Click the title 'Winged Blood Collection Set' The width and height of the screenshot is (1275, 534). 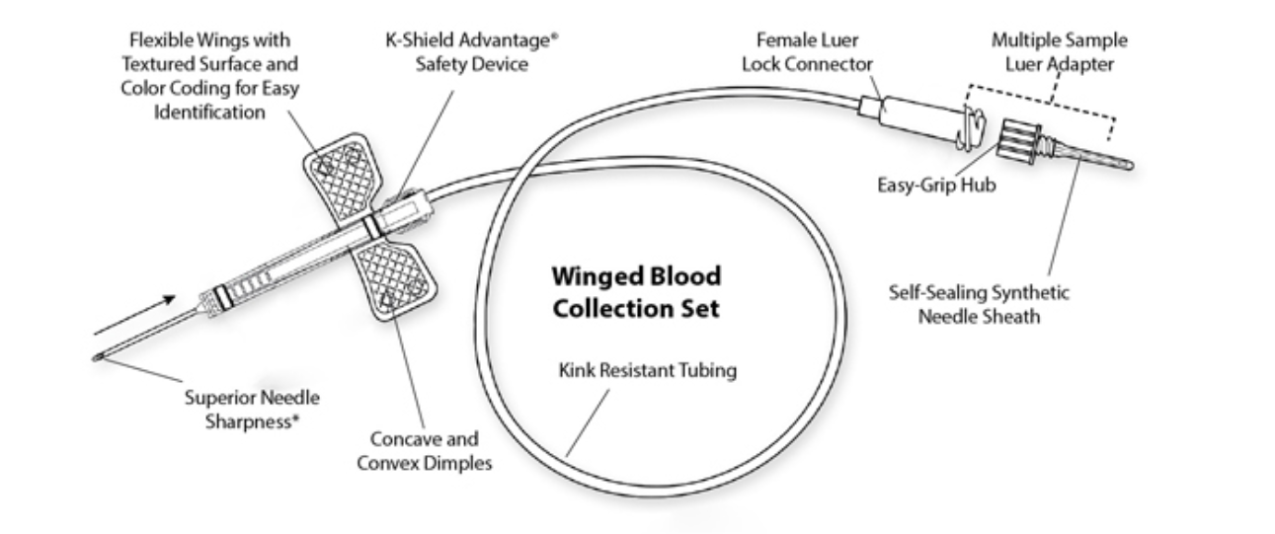(636, 291)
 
